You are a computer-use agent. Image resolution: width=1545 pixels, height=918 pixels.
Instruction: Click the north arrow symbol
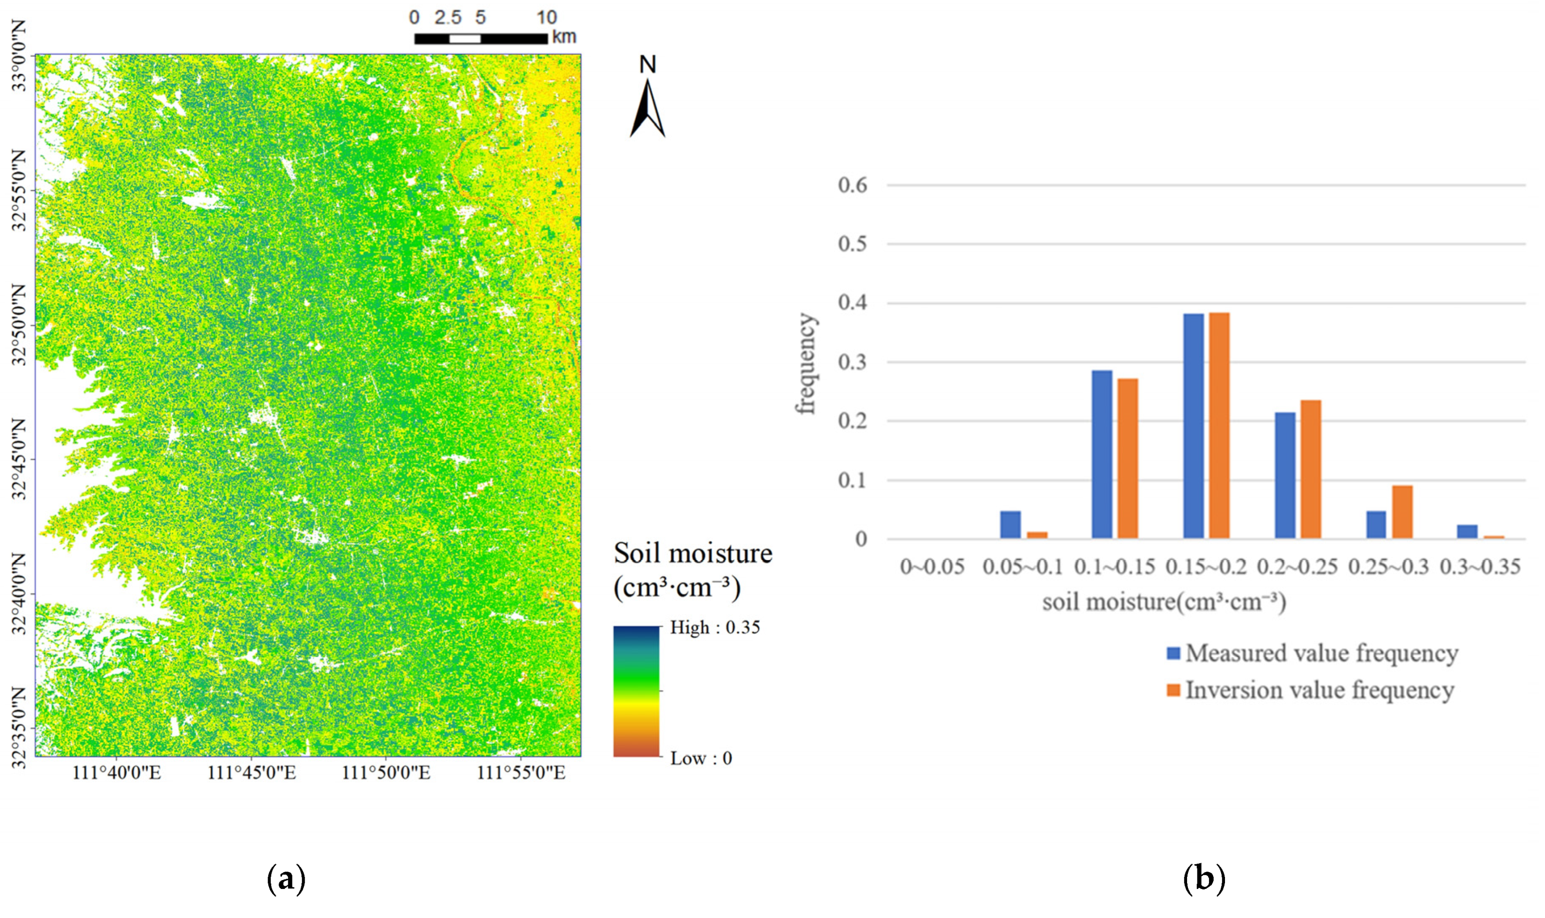(647, 108)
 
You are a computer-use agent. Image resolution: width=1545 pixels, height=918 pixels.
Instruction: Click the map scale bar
(481, 38)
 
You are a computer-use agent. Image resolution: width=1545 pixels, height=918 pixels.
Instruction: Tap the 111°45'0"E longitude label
(251, 773)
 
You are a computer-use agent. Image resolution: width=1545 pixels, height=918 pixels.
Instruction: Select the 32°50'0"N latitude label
(20, 324)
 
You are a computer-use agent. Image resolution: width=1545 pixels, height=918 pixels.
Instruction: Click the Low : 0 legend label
(701, 759)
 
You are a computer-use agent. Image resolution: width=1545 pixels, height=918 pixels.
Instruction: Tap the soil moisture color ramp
(636, 691)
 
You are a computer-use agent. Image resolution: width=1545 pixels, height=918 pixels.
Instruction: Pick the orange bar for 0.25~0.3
(1402, 512)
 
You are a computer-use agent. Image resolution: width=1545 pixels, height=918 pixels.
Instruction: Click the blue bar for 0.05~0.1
(1010, 525)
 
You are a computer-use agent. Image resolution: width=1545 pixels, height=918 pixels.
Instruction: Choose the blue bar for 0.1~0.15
(1102, 454)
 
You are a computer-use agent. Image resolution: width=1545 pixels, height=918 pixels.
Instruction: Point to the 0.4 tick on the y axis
(853, 303)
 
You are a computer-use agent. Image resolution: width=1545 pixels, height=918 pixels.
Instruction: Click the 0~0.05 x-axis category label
(932, 567)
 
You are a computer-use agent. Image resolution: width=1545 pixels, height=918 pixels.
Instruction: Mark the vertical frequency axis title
(806, 363)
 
